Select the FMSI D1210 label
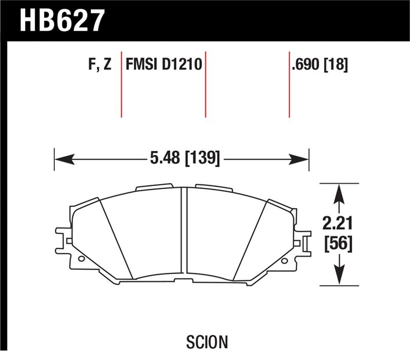click(x=163, y=65)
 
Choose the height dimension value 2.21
click(x=338, y=223)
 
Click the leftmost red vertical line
click(x=121, y=85)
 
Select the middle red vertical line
click(x=206, y=85)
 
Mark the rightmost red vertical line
click(x=289, y=85)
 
